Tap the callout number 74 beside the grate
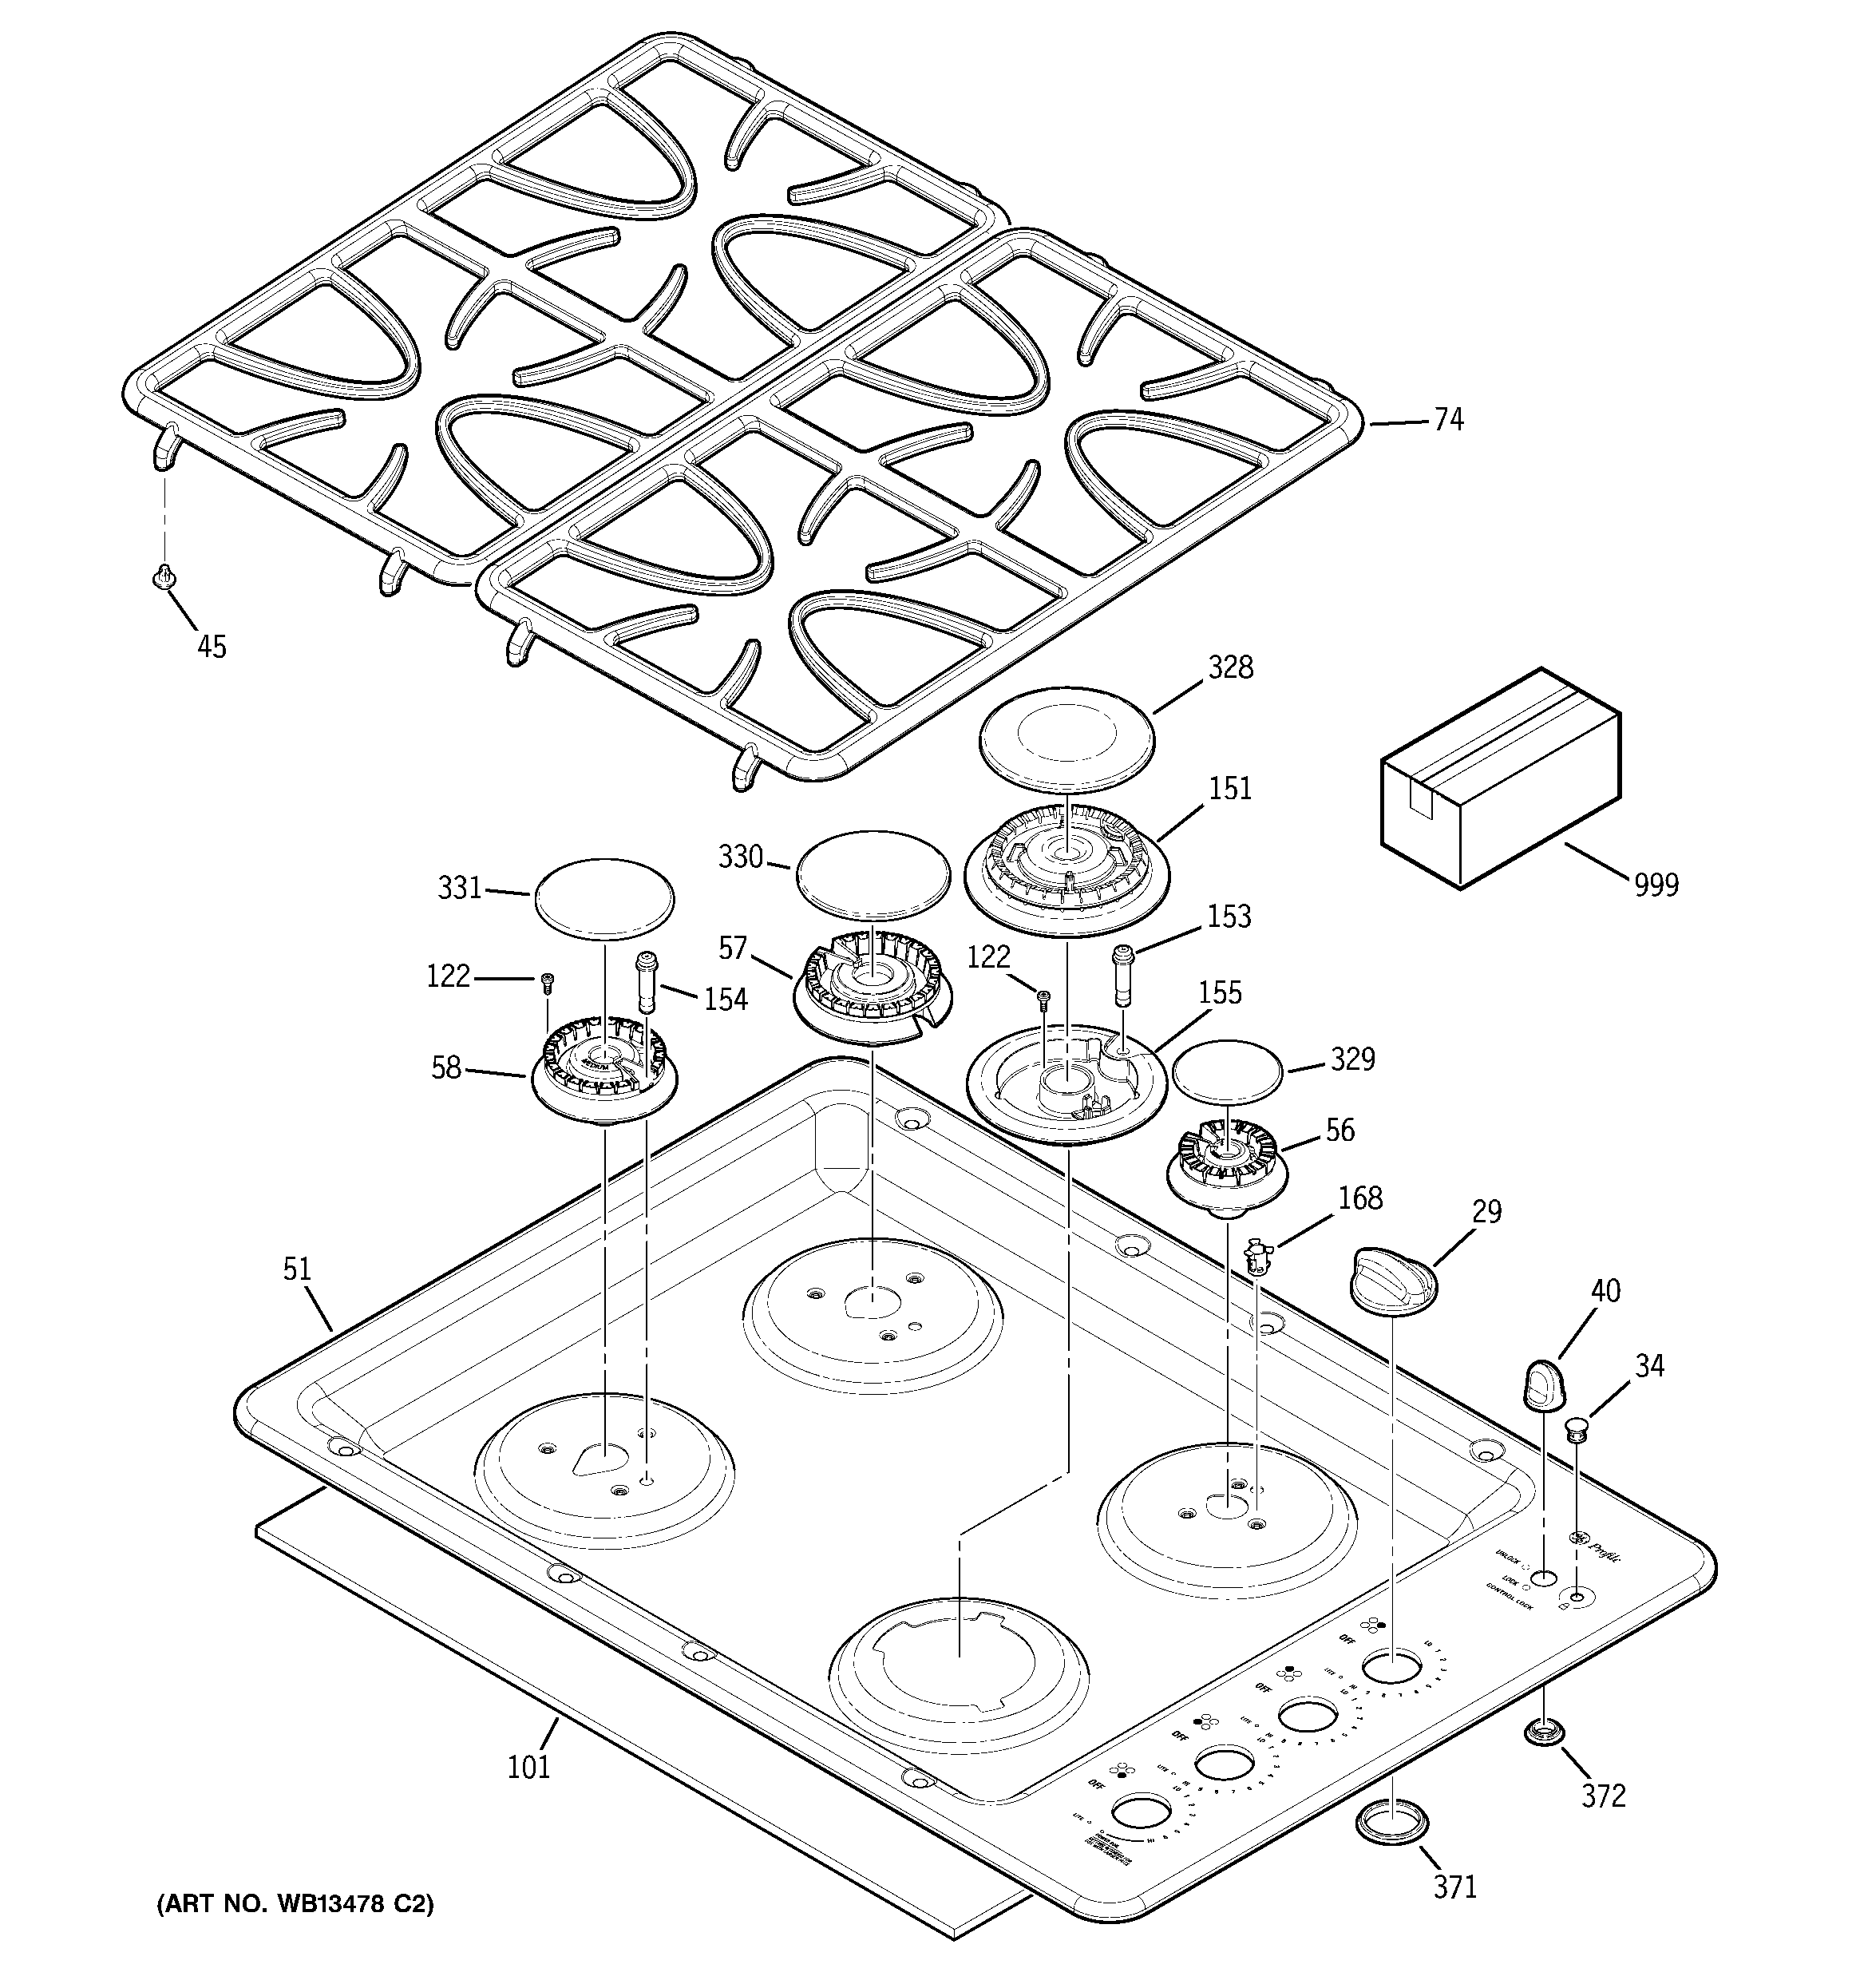(1448, 421)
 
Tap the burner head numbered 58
(604, 1071)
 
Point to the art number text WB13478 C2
(295, 1904)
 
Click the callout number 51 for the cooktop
(297, 1269)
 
